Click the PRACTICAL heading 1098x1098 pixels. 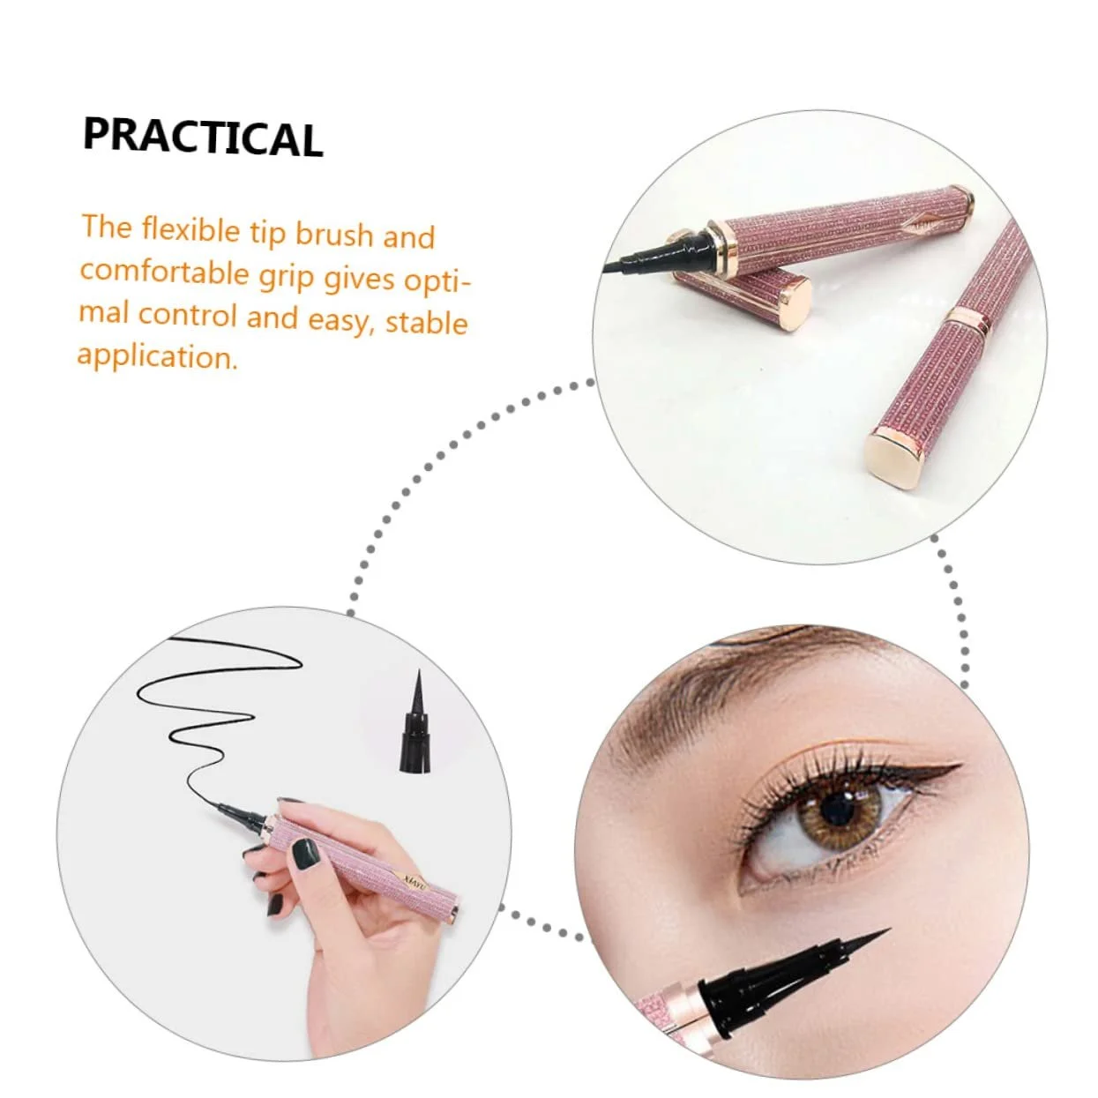(204, 138)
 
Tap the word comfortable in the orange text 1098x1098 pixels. (165, 272)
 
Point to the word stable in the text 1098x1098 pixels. (426, 322)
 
